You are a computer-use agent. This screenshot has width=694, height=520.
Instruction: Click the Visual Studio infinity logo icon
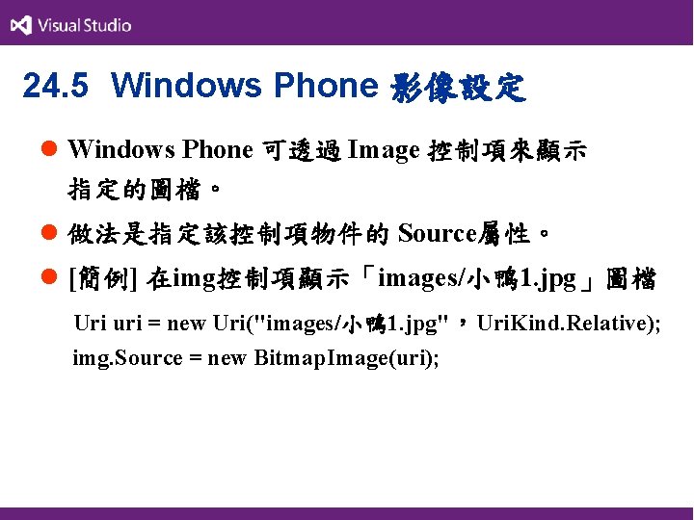pyautogui.click(x=20, y=25)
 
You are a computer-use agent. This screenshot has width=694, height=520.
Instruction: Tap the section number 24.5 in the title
pyautogui.click(x=55, y=87)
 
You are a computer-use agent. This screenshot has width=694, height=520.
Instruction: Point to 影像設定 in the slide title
pyautogui.click(x=458, y=88)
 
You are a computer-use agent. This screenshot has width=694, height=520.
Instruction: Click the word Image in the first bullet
pyautogui.click(x=383, y=150)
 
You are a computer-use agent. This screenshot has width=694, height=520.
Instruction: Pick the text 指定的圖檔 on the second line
pyautogui.click(x=122, y=190)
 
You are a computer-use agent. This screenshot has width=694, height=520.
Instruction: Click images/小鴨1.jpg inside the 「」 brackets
pyautogui.click(x=478, y=280)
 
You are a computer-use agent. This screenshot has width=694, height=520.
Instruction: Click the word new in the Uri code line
pyautogui.click(x=187, y=324)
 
